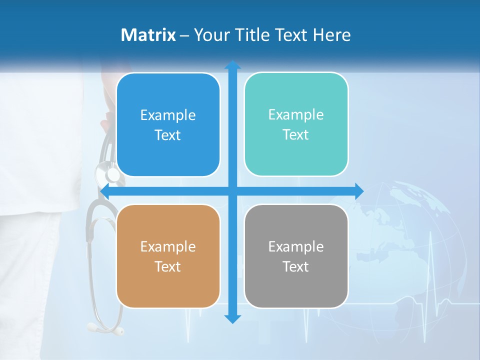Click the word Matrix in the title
148,35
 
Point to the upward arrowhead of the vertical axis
232,65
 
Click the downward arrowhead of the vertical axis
232,319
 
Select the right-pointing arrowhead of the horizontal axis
359,191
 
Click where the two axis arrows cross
232,191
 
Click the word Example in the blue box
168,115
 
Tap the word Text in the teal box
296,135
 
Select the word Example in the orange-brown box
168,247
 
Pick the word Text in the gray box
296,267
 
